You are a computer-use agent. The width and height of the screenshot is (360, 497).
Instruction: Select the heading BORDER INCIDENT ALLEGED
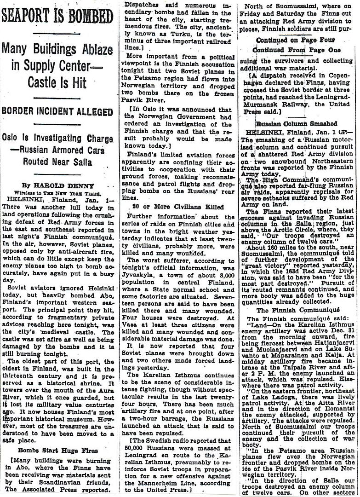pos(57,111)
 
